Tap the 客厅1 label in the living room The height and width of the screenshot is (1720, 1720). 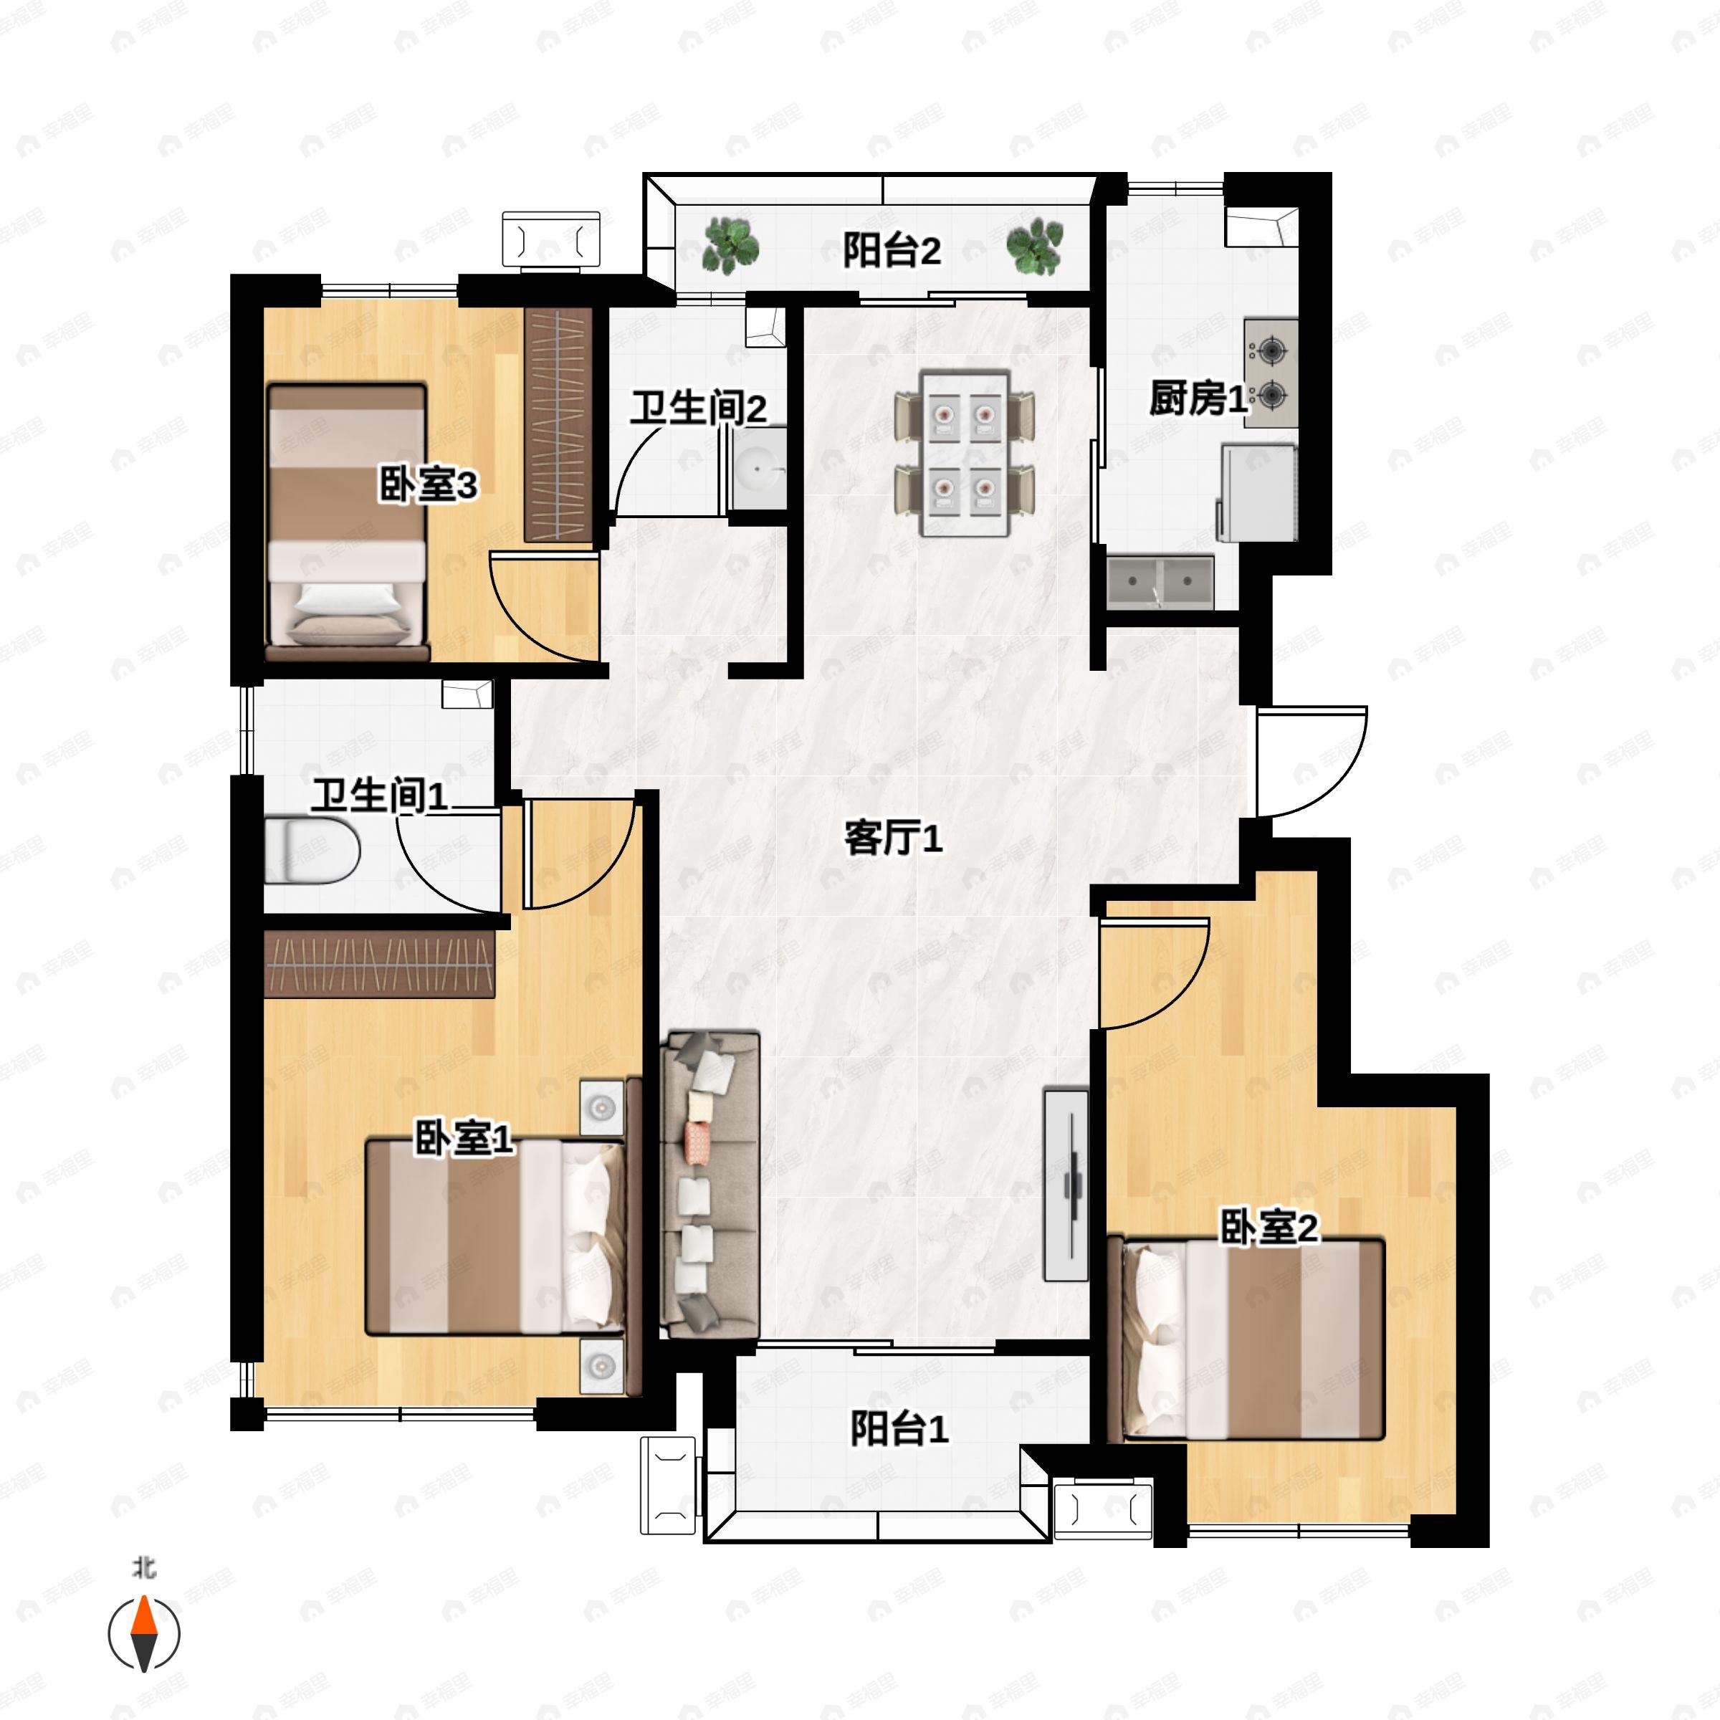(x=892, y=838)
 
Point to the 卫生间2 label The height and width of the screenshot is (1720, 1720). (x=698, y=409)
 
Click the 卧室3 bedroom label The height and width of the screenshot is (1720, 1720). (x=429, y=486)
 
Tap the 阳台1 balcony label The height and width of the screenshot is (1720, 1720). (x=898, y=1430)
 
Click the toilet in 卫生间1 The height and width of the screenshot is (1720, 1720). (x=312, y=851)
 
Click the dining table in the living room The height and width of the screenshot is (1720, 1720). (x=965, y=454)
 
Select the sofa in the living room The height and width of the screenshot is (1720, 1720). (x=709, y=1185)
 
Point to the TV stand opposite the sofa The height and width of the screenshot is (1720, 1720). (x=1066, y=1184)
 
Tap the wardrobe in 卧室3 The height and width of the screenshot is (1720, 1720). (x=558, y=425)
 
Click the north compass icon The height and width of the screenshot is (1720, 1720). (x=144, y=1634)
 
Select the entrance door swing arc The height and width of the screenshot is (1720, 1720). (x=1311, y=761)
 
